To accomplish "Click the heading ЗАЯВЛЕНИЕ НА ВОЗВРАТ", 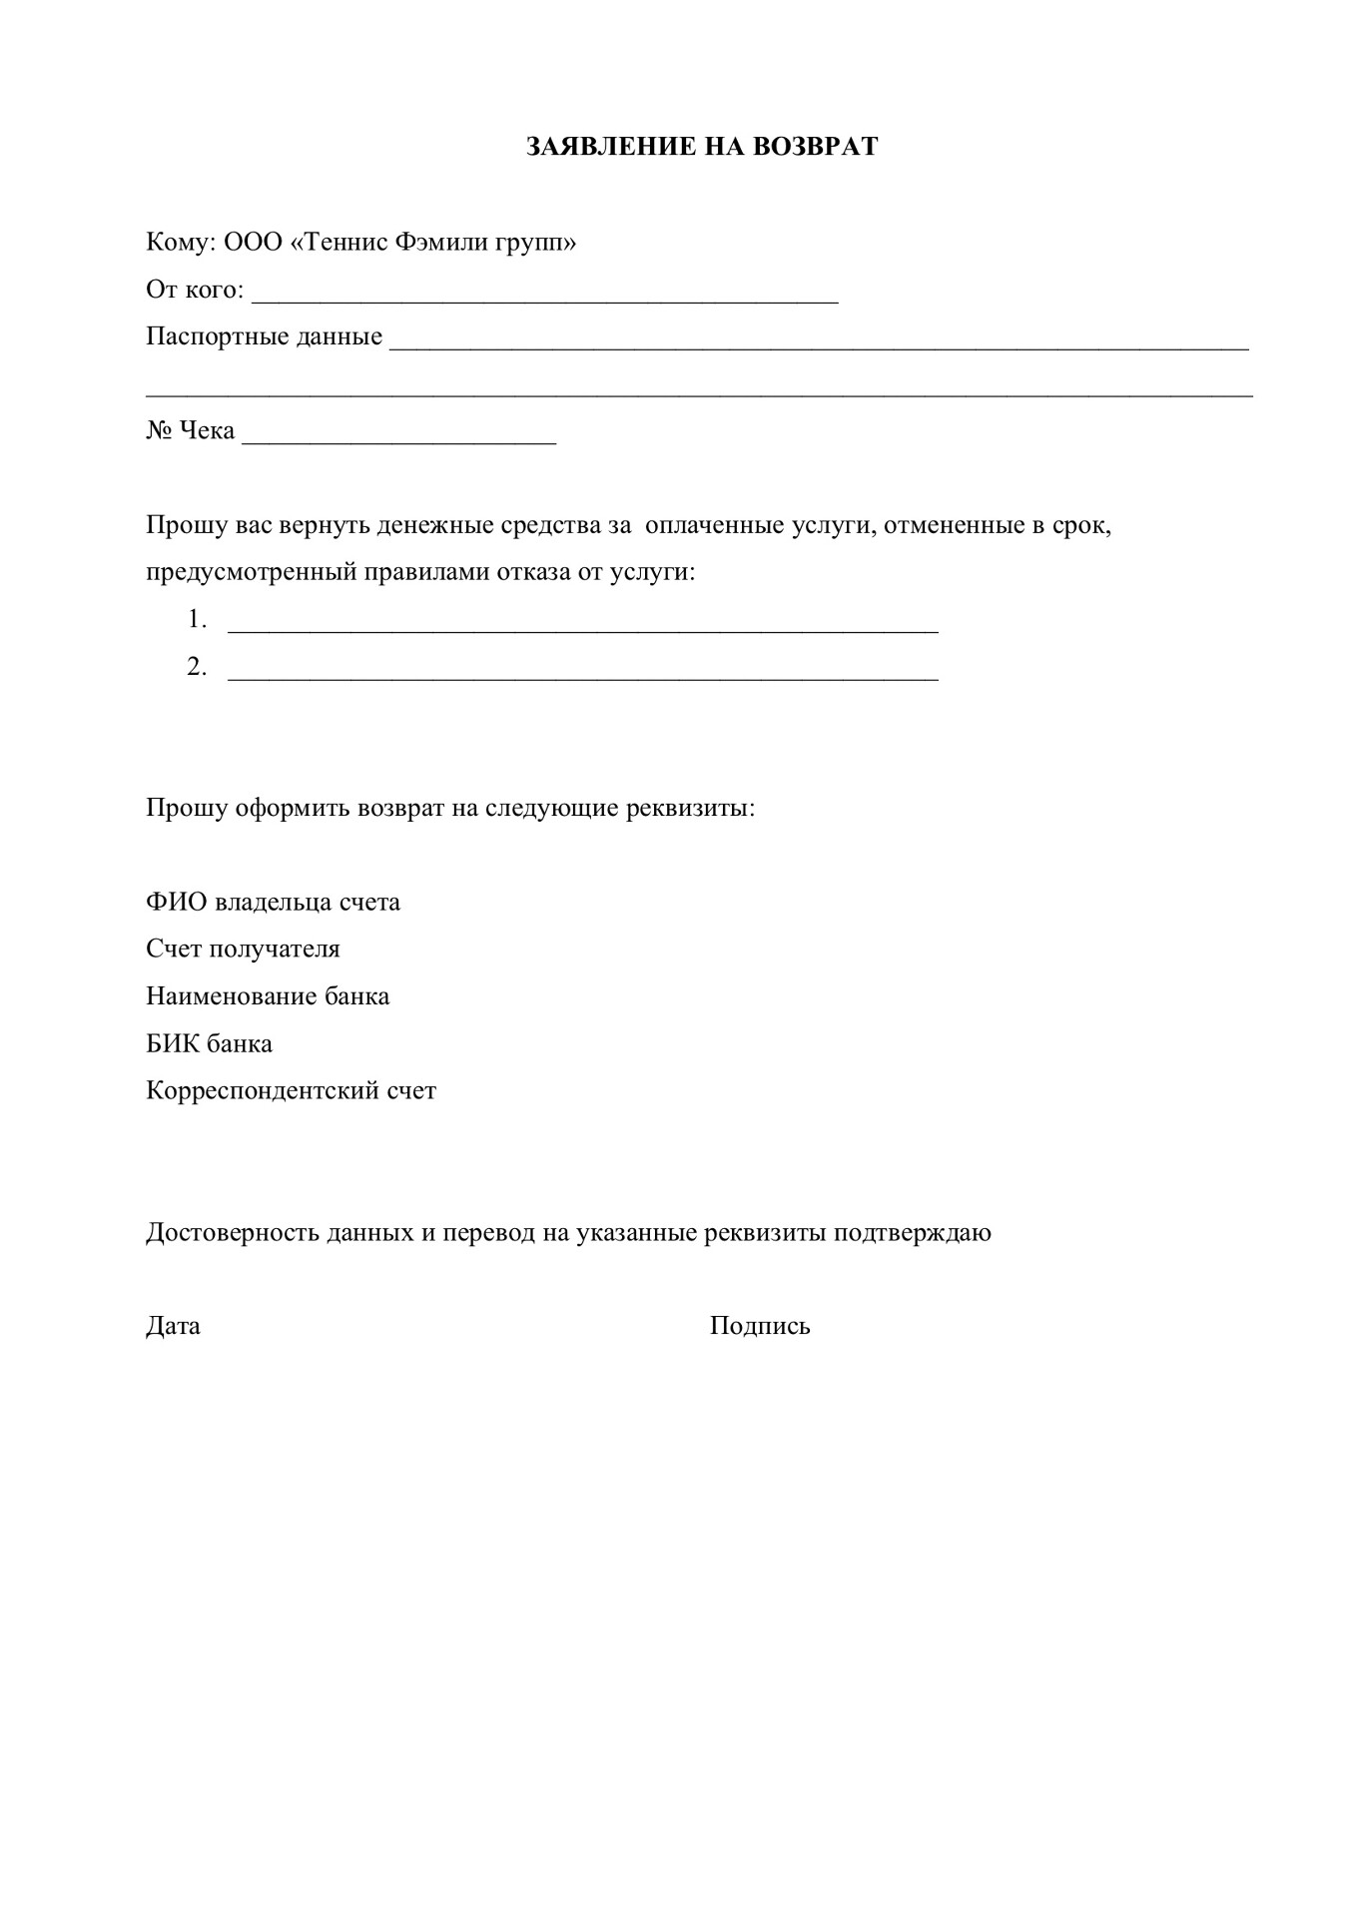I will coord(702,147).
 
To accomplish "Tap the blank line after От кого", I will coord(544,294).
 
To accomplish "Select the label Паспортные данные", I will coord(264,336).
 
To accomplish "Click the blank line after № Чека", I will coord(398,434).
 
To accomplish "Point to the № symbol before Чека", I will coord(159,430).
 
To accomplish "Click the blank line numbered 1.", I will coord(583,624).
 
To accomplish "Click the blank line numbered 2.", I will coord(583,671).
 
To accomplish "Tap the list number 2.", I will coord(196,667).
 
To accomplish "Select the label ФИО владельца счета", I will coord(273,902).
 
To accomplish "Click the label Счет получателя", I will coord(243,949).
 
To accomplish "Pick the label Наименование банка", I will coord(268,996).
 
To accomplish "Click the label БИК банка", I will coord(209,1043).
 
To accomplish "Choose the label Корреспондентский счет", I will coord(291,1090).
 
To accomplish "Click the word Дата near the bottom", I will coord(173,1326).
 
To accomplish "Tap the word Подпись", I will coord(760,1326).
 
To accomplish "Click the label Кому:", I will coord(181,243).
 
